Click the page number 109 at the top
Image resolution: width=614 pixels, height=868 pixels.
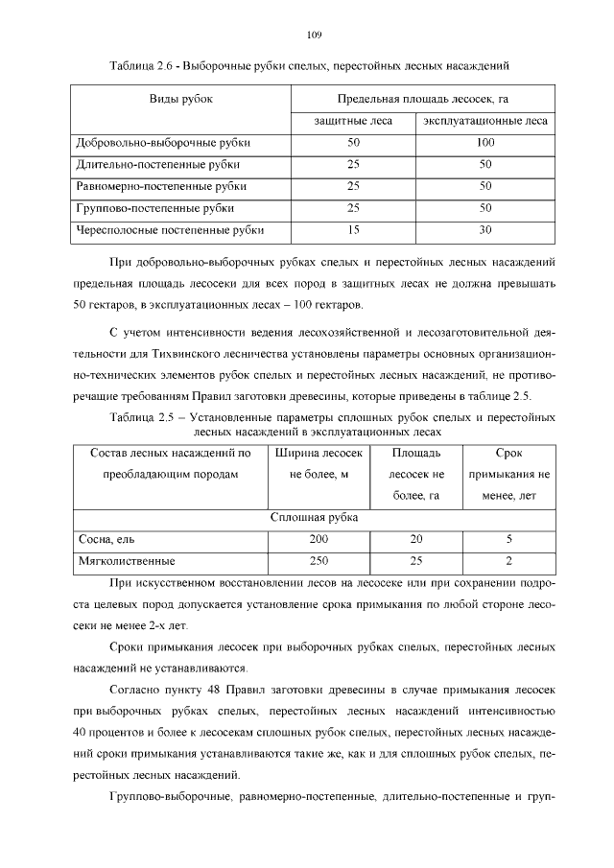313,35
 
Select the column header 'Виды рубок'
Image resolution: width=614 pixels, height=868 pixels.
180,99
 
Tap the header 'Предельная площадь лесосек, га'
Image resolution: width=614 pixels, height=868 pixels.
422,99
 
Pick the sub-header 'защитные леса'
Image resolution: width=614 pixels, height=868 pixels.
353,122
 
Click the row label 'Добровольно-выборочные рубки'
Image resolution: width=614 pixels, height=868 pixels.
163,143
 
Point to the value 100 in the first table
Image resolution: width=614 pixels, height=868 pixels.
485,143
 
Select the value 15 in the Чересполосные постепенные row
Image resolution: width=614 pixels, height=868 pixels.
353,230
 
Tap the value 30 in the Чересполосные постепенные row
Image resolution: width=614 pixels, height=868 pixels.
485,230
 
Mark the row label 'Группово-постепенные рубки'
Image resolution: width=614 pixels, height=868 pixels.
154,208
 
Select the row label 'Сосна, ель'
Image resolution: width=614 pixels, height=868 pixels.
106,540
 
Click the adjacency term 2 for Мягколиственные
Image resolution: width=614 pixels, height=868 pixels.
508,561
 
